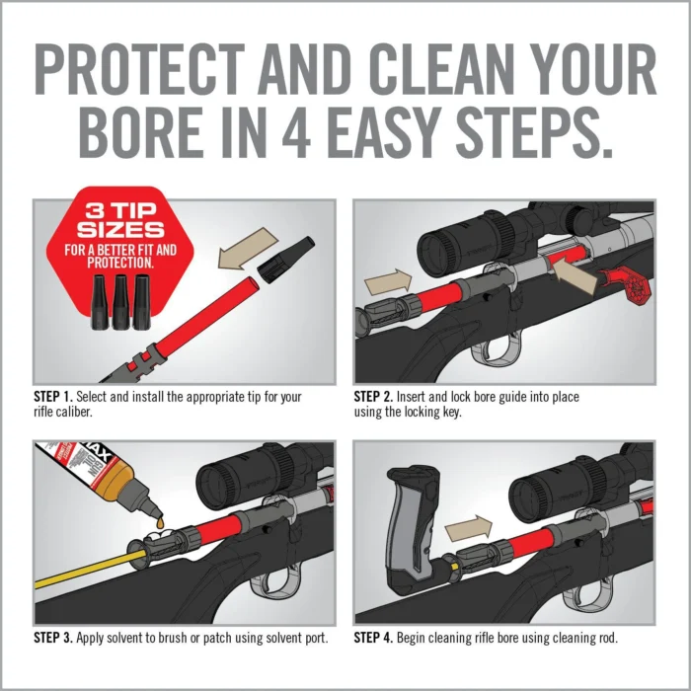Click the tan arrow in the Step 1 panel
[x=246, y=254]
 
